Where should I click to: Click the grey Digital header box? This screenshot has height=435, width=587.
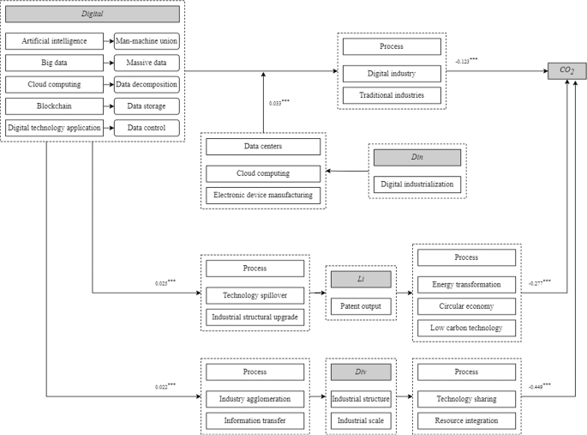pos(93,15)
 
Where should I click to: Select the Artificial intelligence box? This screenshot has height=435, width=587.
pos(52,40)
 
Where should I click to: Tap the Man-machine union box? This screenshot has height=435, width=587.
pos(147,40)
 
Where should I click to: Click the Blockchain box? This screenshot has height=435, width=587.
pos(52,106)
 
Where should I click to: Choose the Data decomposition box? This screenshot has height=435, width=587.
pos(147,84)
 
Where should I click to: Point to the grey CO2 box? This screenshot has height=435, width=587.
pos(566,70)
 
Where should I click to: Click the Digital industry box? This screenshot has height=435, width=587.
pos(391,74)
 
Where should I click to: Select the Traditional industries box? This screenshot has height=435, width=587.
pos(391,94)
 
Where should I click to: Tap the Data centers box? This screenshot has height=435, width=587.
pos(263,147)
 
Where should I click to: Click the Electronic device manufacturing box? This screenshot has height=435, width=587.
pos(263,195)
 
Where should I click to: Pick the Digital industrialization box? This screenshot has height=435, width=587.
pos(417,184)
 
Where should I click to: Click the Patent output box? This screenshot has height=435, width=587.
pos(361,305)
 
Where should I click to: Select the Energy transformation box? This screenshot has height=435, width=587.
pos(466,284)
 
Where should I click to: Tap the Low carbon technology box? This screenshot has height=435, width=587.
pos(466,328)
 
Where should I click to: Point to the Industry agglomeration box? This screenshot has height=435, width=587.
pos(255,399)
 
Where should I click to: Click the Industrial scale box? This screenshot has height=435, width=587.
pos(361,420)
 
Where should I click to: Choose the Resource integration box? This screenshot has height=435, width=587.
pos(466,420)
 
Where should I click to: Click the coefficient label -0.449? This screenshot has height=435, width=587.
pos(539,387)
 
